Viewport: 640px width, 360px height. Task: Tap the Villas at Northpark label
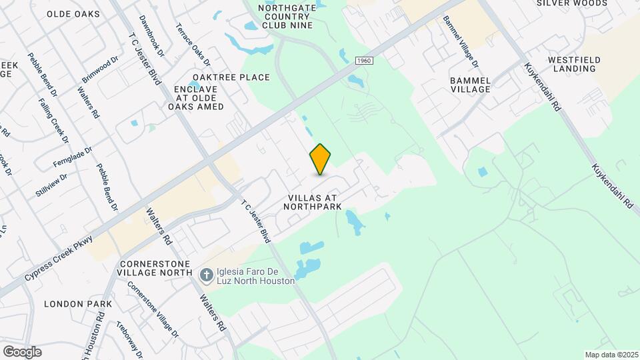313,202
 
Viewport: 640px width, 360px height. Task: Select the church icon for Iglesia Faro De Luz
207,275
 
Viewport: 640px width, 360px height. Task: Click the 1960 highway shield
363,61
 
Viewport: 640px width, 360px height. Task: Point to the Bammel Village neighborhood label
470,85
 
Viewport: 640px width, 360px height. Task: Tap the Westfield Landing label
574,64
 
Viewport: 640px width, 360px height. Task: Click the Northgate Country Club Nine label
287,16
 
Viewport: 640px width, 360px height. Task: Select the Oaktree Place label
231,77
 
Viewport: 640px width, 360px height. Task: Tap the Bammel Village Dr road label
460,42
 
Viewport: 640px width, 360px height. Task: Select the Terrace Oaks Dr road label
193,44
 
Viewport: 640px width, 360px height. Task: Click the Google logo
22,352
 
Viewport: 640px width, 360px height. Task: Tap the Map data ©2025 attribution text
611,355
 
